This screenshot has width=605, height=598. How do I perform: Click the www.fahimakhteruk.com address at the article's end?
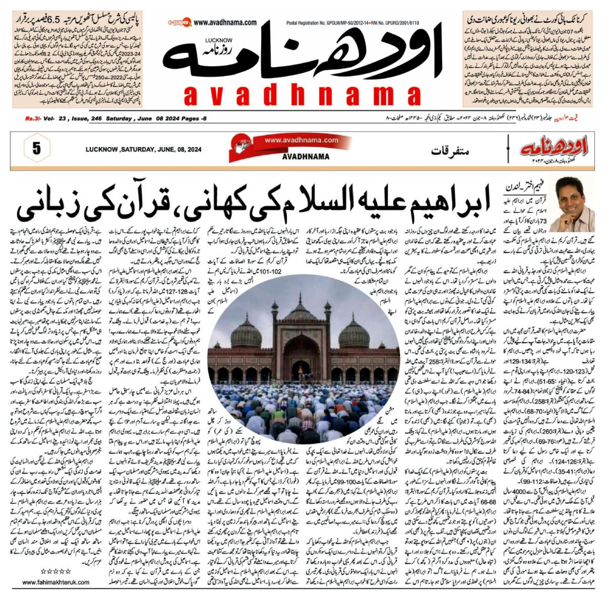[x=56, y=582]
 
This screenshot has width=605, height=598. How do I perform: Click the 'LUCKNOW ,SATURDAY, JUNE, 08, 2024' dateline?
[x=143, y=149]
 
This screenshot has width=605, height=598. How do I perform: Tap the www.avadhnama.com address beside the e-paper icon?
[x=225, y=22]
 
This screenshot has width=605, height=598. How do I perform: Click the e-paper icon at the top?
[x=177, y=23]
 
